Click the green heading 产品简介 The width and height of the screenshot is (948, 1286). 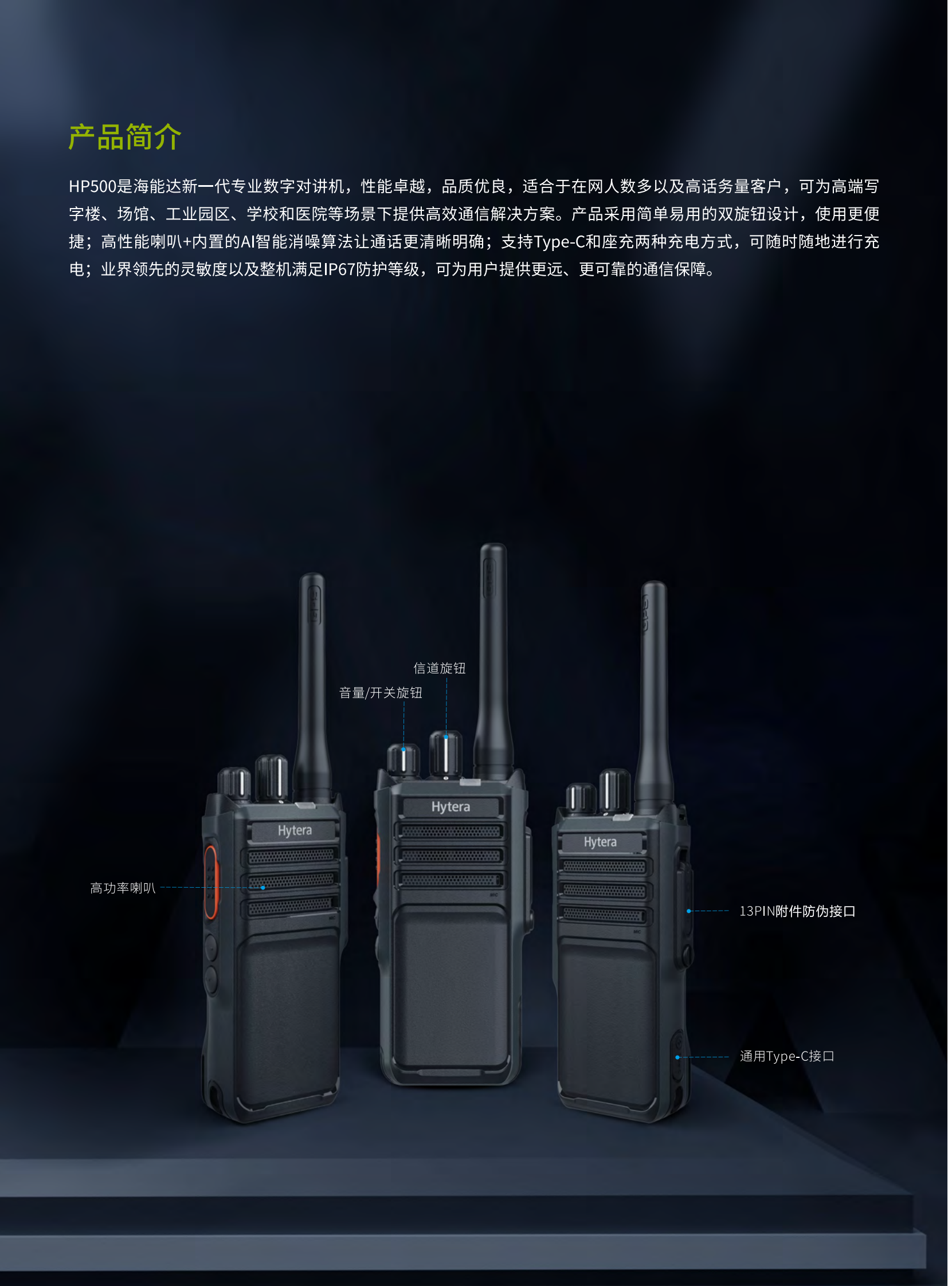pos(124,137)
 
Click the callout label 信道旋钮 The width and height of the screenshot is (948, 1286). pos(440,668)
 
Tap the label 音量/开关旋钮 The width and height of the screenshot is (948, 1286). pos(381,693)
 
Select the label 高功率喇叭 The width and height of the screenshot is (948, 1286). pos(123,888)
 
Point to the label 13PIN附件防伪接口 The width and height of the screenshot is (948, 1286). pos(797,911)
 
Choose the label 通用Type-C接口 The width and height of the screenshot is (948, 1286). pos(787,1056)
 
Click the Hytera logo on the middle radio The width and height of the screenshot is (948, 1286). pos(451,807)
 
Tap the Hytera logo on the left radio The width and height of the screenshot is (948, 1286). pos(295,830)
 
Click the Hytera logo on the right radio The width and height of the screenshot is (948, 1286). pos(600,842)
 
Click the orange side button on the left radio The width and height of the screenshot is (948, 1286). pos(210,882)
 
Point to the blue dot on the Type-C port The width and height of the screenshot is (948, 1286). pos(677,1057)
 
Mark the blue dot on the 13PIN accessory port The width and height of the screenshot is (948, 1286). pos(688,911)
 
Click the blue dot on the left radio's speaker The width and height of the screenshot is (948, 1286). pos(264,888)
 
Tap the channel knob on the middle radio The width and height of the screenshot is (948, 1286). pos(446,754)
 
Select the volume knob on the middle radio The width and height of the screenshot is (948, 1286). pos(404,760)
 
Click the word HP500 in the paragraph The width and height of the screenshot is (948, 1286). pos(92,186)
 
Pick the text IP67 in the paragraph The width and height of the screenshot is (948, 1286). pos(340,269)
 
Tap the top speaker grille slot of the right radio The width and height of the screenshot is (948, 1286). pos(605,866)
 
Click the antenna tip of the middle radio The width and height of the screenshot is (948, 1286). pos(493,546)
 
